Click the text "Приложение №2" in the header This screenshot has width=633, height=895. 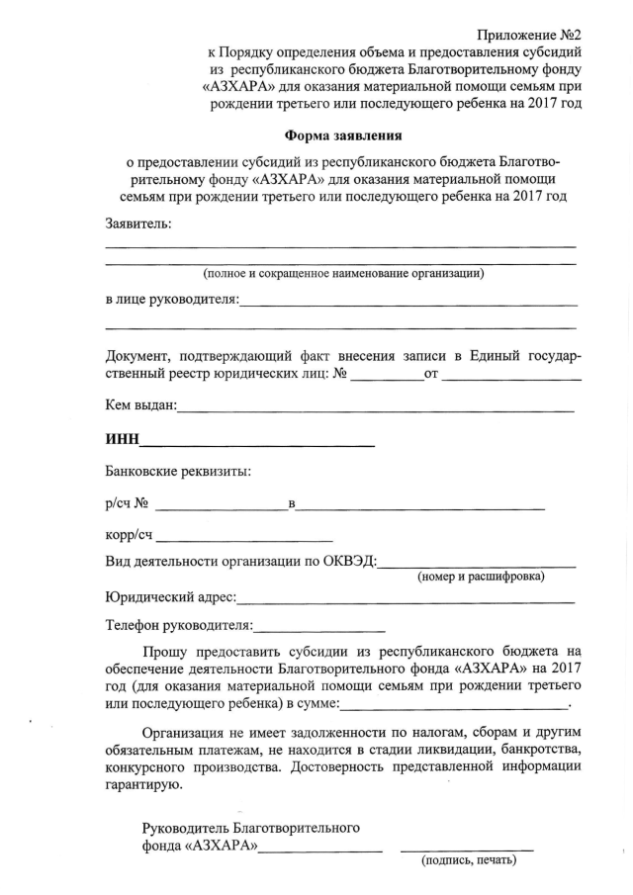click(x=528, y=35)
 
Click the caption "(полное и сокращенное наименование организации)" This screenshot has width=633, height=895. click(x=343, y=273)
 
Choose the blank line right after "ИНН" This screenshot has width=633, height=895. click(x=256, y=446)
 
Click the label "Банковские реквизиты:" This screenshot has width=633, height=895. click(x=178, y=471)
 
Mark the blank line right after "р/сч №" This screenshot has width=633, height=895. click(x=221, y=510)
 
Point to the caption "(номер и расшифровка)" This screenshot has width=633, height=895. click(x=481, y=577)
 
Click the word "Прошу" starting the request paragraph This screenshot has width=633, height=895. click(x=164, y=651)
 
